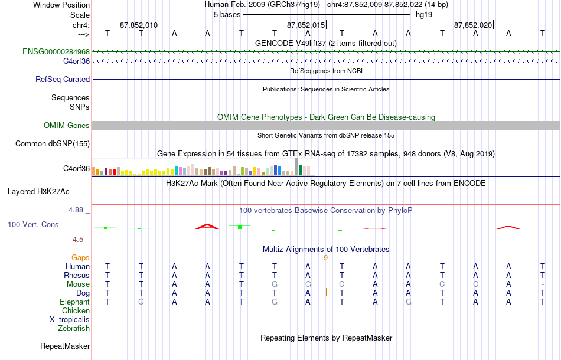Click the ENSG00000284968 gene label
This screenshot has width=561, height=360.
pyautogui.click(x=56, y=51)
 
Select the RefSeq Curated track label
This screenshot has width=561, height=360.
pyautogui.click(x=63, y=79)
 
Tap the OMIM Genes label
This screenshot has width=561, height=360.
pyautogui.click(x=67, y=126)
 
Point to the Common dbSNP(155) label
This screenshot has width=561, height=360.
pyautogui.click(x=53, y=144)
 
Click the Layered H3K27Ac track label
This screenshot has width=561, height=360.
pyautogui.click(x=38, y=192)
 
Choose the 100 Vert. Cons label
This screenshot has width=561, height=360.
pyautogui.click(x=33, y=224)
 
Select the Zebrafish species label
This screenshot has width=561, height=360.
pyautogui.click(x=74, y=328)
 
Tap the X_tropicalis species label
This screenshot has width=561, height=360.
pyautogui.click(x=70, y=320)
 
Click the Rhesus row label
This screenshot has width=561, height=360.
pyautogui.click(x=77, y=275)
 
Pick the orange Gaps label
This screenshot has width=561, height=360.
pyautogui.click(x=80, y=257)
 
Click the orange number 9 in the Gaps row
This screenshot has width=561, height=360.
pyautogui.click(x=325, y=258)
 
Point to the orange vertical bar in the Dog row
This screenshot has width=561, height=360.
pyautogui.click(x=327, y=293)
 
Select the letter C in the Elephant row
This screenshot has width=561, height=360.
pyautogui.click(x=141, y=302)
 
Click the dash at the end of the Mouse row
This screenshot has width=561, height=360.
pyautogui.click(x=543, y=284)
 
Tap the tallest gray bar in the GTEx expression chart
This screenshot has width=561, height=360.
pyautogui.click(x=296, y=166)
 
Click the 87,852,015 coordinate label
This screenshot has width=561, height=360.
pyautogui.click(x=306, y=25)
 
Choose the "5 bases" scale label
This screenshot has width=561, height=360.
pyautogui.click(x=227, y=15)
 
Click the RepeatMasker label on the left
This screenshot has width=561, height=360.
pyautogui.click(x=65, y=346)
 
